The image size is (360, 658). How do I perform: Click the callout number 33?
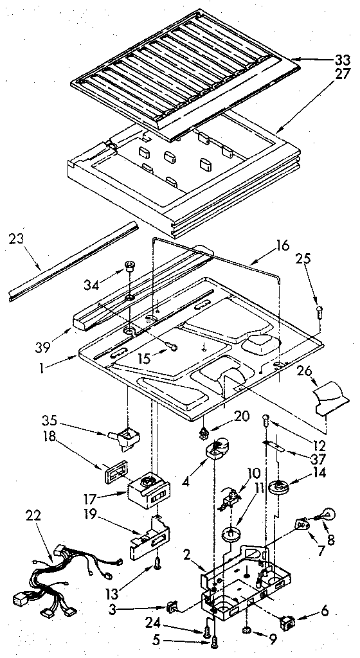tap(343, 60)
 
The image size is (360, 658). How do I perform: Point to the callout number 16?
tap(282, 245)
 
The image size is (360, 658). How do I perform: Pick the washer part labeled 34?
tap(129, 263)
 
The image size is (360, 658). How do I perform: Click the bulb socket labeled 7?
tap(302, 524)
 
